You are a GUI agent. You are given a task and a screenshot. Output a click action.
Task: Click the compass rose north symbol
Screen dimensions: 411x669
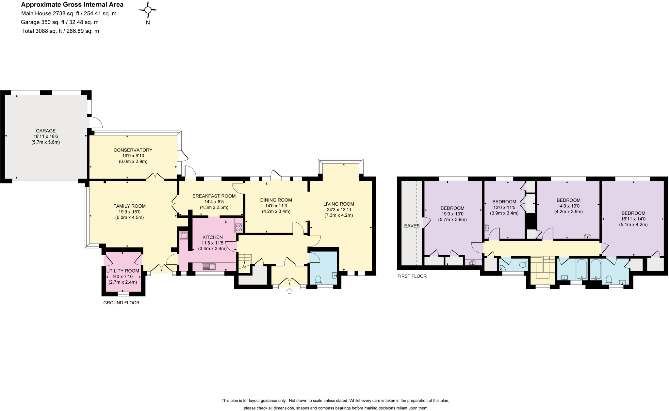pyautogui.click(x=148, y=10)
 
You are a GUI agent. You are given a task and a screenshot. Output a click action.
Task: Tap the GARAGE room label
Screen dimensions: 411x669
pyautogui.click(x=46, y=131)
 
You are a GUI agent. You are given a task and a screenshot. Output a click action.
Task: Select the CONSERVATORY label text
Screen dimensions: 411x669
pyautogui.click(x=133, y=150)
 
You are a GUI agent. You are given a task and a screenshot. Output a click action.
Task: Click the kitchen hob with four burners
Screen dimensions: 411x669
pyautogui.click(x=238, y=227)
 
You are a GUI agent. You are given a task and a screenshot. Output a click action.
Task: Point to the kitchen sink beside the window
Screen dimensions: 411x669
pyautogui.click(x=209, y=267)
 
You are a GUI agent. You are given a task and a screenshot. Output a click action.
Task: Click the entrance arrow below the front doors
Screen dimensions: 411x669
pyautogui.click(x=289, y=291)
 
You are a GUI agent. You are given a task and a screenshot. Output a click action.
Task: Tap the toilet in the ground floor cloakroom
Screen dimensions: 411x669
pyautogui.click(x=318, y=279)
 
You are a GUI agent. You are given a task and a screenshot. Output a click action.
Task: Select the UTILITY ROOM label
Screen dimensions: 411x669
pyautogui.click(x=123, y=271)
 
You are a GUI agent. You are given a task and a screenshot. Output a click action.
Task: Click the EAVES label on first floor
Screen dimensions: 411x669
pyautogui.click(x=412, y=226)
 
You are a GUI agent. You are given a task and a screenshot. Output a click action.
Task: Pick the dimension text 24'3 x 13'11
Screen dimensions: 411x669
pyautogui.click(x=338, y=210)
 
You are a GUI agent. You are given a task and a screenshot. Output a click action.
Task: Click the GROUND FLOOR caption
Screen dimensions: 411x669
pyautogui.click(x=122, y=303)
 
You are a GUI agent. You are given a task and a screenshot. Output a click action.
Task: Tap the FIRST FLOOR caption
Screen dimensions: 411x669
pyautogui.click(x=412, y=276)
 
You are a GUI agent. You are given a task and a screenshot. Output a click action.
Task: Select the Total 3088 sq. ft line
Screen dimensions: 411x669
pyautogui.click(x=60, y=31)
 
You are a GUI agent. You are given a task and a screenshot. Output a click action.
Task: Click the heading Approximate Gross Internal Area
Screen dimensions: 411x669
pyautogui.click(x=72, y=5)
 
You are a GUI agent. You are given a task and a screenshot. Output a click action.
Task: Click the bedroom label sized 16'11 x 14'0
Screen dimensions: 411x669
pyautogui.click(x=633, y=213)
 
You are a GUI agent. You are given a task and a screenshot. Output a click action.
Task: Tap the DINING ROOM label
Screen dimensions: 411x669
pyautogui.click(x=276, y=200)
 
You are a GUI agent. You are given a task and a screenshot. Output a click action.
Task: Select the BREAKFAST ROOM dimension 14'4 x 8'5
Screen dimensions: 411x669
pyautogui.click(x=214, y=202)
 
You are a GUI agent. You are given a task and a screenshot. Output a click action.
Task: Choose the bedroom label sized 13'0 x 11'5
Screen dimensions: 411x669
pyautogui.click(x=504, y=202)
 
